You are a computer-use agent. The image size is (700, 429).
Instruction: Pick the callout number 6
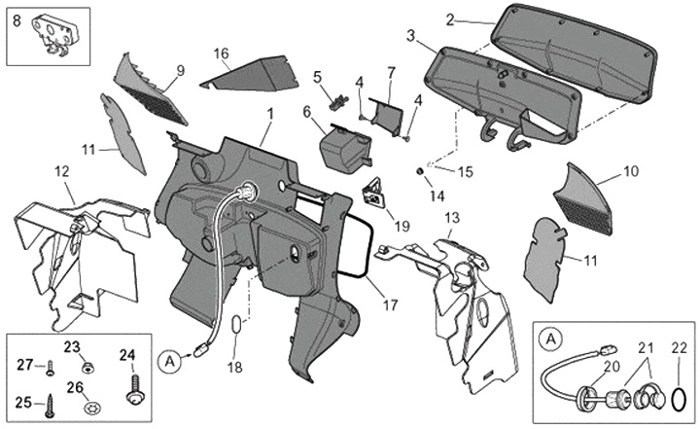pyautogui.click(x=308, y=112)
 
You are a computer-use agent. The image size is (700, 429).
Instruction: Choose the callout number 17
pyautogui.click(x=390, y=304)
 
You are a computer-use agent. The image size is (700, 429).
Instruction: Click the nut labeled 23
pyautogui.click(x=87, y=369)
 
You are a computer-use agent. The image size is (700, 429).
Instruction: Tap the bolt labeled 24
pyautogui.click(x=133, y=391)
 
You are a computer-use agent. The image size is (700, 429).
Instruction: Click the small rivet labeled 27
pyautogui.click(x=51, y=367)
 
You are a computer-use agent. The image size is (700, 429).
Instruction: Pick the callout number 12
pyautogui.click(x=61, y=171)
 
